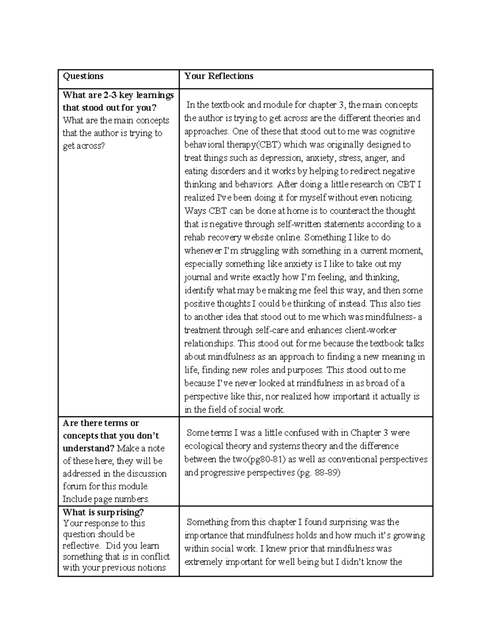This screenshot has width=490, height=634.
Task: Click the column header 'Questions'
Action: tap(83, 76)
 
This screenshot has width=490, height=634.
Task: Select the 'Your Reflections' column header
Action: tap(218, 76)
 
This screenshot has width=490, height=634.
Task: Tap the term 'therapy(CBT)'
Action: tap(258, 145)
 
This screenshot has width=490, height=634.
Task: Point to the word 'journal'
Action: tap(198, 278)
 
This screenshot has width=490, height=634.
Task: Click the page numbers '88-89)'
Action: tap(327, 473)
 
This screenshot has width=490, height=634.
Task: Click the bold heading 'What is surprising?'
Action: tap(103, 512)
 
